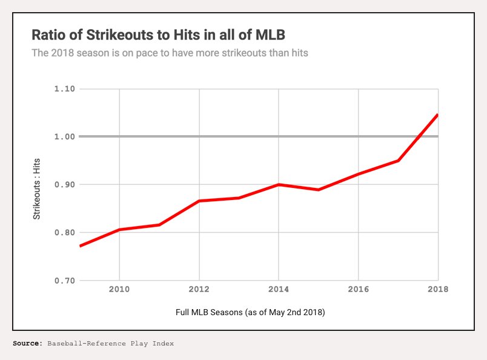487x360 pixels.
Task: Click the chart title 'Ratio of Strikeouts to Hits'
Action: coord(157,34)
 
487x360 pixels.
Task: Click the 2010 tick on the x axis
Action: coord(119,289)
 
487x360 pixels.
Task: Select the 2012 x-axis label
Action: coord(199,289)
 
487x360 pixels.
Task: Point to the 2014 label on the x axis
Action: coord(279,289)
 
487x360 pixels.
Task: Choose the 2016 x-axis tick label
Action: coord(359,289)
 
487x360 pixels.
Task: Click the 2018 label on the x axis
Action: coord(438,289)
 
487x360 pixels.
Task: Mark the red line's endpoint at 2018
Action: coord(437,115)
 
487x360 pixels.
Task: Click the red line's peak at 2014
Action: coord(279,184)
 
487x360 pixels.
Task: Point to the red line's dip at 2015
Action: coord(319,190)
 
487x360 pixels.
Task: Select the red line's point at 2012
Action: coord(199,201)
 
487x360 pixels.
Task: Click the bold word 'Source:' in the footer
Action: coord(28,344)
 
